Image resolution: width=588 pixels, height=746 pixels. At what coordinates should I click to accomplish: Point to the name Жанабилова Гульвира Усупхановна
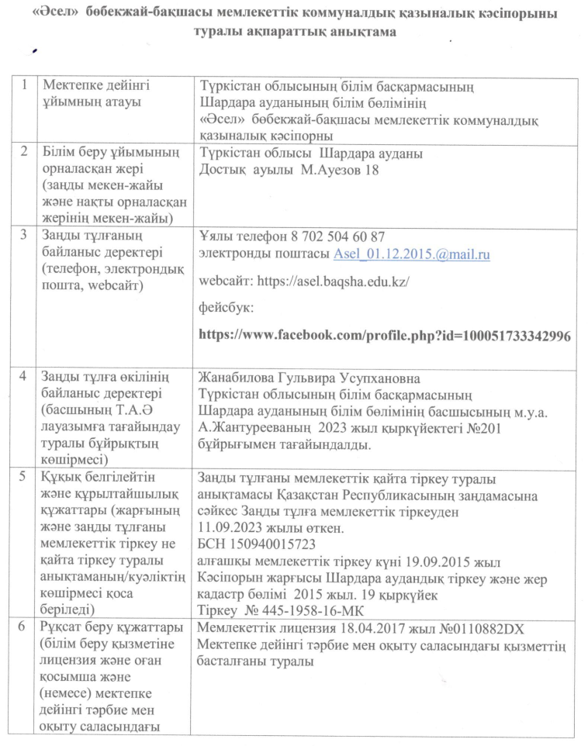[310, 378]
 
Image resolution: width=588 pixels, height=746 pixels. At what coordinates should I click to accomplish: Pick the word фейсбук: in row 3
[222, 308]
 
